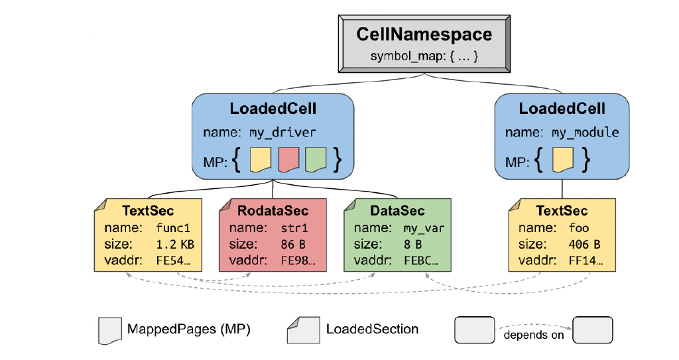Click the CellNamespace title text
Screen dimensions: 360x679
tap(424, 34)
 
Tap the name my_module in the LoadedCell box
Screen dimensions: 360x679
tap(585, 133)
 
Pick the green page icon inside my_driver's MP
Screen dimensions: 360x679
tap(316, 159)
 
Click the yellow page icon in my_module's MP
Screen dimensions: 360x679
tap(564, 159)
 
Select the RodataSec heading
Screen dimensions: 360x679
tap(273, 211)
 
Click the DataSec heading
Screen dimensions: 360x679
tap(398, 211)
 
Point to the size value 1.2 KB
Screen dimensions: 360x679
tap(174, 244)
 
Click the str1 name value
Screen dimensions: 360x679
tap(294, 228)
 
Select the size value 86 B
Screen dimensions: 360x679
tap(292, 244)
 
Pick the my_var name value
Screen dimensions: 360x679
tap(424, 228)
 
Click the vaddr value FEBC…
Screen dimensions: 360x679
tap(421, 261)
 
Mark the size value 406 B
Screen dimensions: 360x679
tap(584, 244)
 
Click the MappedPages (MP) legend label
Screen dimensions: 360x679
tap(188, 329)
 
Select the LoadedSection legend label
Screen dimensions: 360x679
tap(372, 329)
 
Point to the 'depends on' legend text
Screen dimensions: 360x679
tap(534, 335)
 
